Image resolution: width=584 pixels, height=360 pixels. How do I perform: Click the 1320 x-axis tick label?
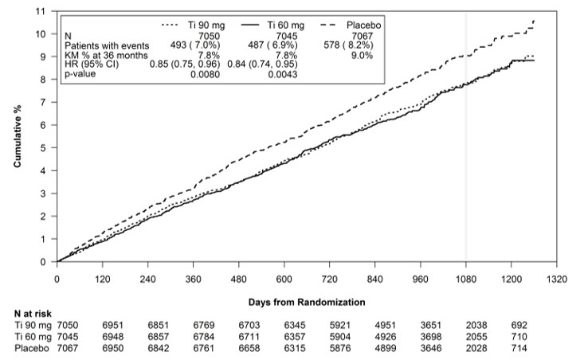pyautogui.click(x=557, y=280)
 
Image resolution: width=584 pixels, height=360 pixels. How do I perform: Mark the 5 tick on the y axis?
pyautogui.click(x=44, y=148)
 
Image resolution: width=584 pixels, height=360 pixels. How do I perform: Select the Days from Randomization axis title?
pyautogui.click(x=307, y=303)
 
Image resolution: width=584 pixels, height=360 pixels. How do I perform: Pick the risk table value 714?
pyautogui.click(x=519, y=347)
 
